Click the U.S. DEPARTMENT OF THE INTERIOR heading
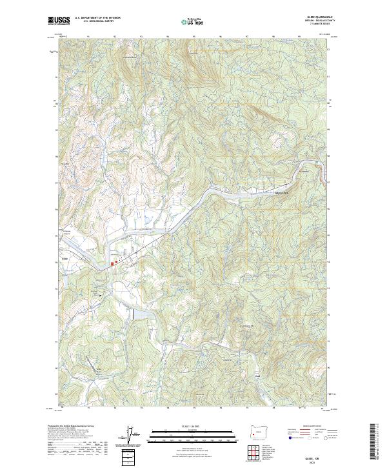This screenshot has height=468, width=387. coord(97,17)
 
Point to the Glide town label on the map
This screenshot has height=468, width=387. coord(64,259)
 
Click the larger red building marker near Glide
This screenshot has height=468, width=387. coord(116,263)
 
